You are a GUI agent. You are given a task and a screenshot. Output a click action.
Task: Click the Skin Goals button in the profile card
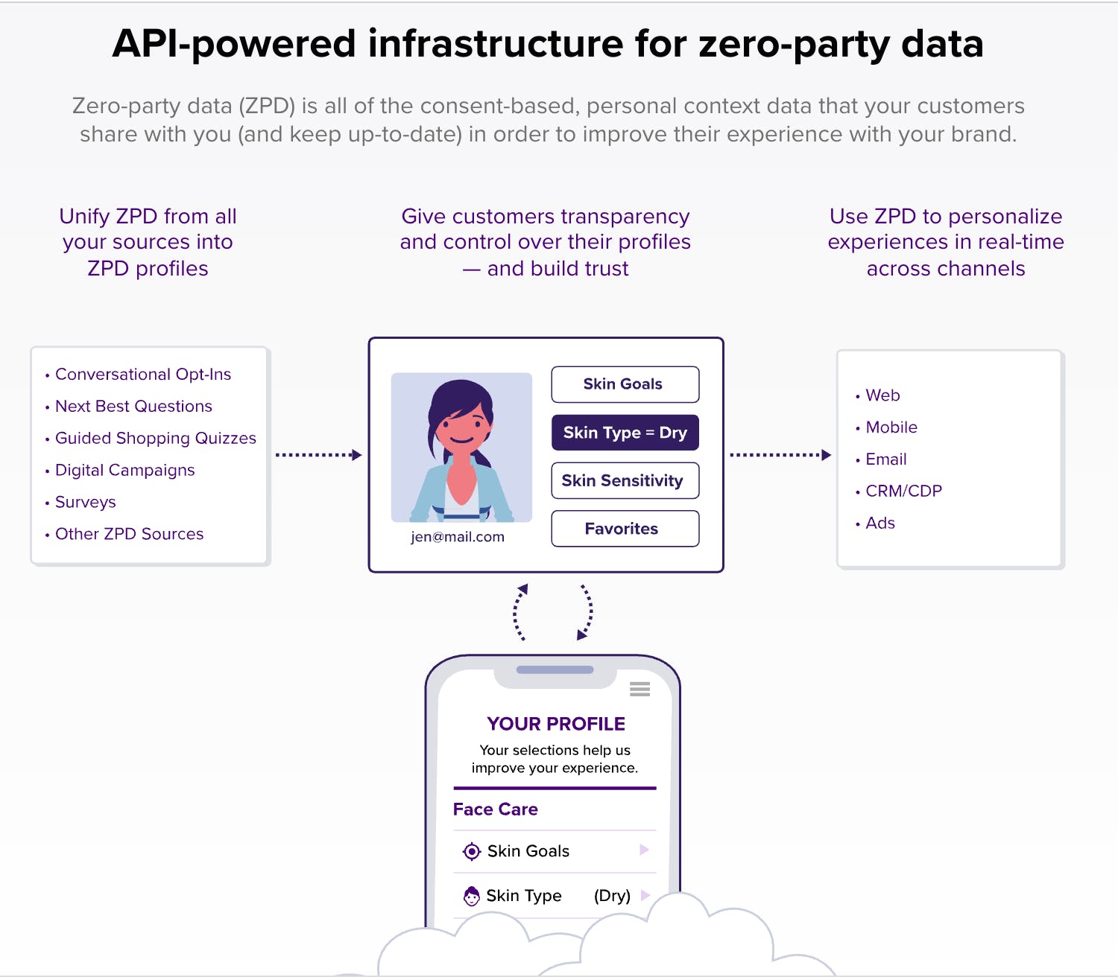[625, 384]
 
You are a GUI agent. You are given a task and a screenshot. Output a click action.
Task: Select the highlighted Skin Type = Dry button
[625, 433]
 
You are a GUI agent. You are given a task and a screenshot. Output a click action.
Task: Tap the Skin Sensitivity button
[625, 481]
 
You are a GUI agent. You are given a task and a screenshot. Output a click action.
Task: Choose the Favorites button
[625, 529]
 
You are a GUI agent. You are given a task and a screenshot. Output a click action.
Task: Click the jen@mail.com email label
[458, 537]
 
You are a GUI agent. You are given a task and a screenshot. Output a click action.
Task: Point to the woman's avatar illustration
[461, 447]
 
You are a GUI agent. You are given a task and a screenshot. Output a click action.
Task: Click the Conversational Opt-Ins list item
[143, 375]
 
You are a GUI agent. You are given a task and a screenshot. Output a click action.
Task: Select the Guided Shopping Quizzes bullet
[155, 439]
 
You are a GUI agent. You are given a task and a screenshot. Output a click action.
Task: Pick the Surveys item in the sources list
[86, 503]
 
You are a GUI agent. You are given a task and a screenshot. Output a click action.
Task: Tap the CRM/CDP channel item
[903, 491]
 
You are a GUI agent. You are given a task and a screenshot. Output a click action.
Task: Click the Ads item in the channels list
[880, 524]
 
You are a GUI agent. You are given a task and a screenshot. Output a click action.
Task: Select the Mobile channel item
[891, 427]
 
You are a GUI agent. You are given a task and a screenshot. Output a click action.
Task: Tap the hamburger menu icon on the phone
[639, 690]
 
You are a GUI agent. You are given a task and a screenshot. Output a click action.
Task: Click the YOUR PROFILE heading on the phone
[556, 724]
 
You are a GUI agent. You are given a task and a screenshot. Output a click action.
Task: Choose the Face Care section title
[496, 809]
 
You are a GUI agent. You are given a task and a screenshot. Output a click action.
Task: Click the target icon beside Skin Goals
[472, 851]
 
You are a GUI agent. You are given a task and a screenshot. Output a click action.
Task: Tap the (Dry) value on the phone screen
[612, 896]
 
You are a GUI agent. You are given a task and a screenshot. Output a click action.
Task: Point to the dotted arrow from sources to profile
[318, 455]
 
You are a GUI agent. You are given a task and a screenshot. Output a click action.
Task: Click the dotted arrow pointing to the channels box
[780, 455]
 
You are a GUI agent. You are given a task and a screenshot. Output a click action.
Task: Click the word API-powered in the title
[234, 45]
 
